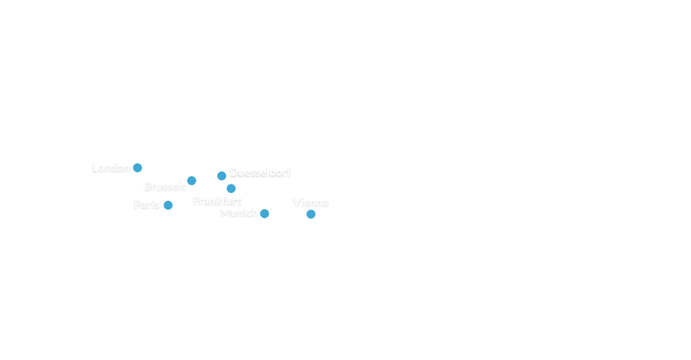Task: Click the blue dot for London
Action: click(x=137, y=168)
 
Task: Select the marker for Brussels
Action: click(x=191, y=181)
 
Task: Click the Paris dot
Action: click(x=168, y=205)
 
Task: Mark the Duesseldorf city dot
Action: click(x=222, y=176)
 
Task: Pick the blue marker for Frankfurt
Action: click(x=231, y=189)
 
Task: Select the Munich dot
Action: click(x=265, y=213)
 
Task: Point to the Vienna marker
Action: click(x=311, y=214)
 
